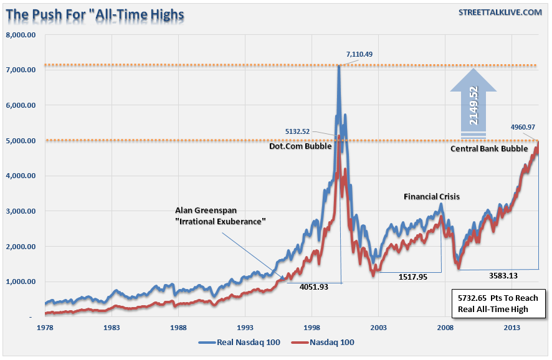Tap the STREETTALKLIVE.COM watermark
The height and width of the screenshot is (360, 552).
pyautogui.click(x=500, y=12)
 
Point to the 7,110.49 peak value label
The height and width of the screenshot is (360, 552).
pyautogui.click(x=359, y=54)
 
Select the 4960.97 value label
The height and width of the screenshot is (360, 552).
pyautogui.click(x=523, y=128)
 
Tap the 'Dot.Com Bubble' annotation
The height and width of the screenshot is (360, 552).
pyautogui.click(x=297, y=148)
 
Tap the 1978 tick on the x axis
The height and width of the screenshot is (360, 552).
pyautogui.click(x=45, y=327)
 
